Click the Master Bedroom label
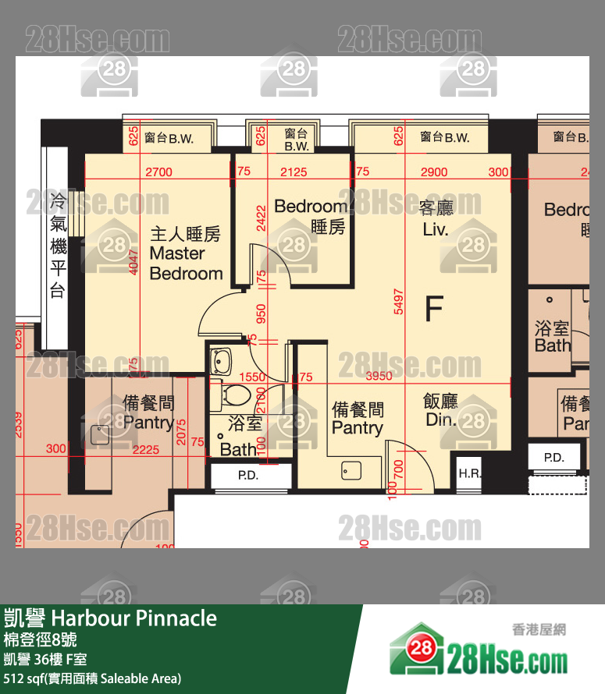186,253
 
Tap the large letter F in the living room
433,309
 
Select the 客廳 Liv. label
436,218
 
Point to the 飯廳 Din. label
440,410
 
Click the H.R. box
469,473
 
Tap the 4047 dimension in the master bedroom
133,265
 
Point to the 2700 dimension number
159,172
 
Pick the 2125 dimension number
293,172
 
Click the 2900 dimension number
434,172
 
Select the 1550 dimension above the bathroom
253,377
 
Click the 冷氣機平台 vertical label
57,245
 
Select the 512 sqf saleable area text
93,678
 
